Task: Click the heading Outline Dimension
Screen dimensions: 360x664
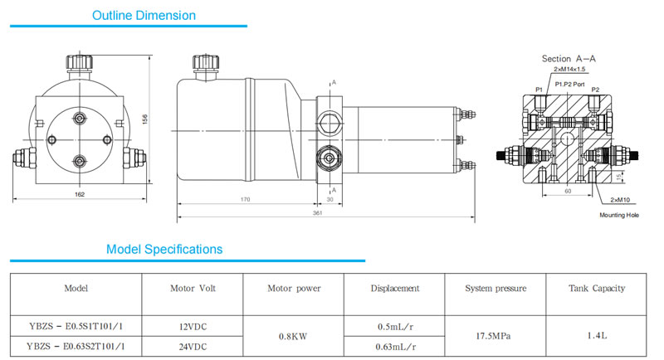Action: click(144, 15)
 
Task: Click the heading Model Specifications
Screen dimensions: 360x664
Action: click(164, 249)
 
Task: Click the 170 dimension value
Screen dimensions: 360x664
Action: click(247, 199)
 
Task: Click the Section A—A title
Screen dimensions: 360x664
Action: click(569, 59)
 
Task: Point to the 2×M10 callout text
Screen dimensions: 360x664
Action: click(622, 200)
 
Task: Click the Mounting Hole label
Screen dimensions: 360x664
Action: click(619, 215)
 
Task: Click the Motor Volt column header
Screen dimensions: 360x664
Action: click(192, 289)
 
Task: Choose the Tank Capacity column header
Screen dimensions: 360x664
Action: click(597, 289)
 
